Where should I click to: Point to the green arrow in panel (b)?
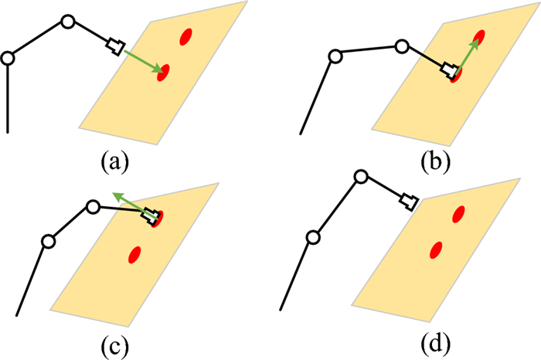[466, 56]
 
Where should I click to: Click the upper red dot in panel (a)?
[185, 36]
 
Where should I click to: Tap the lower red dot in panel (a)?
[164, 73]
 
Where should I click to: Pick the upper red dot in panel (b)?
[480, 36]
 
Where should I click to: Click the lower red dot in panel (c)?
[134, 253]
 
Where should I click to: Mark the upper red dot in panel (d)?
[459, 213]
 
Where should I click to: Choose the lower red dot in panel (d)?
[437, 250]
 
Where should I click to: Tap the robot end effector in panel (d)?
[409, 203]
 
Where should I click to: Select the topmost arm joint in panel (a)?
[67, 22]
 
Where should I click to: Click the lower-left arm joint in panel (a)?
[9, 58]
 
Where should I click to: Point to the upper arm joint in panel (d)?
[359, 177]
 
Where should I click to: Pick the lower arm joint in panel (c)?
[48, 242]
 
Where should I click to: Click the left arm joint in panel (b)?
[335, 56]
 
